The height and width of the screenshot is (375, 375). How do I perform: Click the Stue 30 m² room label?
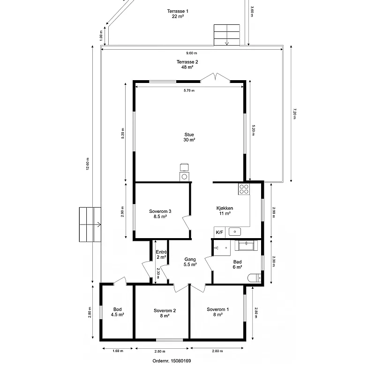point(189,137)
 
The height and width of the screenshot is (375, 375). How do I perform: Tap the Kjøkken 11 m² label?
point(225,211)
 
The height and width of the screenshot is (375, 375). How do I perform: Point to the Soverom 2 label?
point(165,313)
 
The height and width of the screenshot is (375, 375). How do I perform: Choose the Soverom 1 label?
point(218,312)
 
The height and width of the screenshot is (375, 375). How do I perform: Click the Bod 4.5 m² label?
point(117,312)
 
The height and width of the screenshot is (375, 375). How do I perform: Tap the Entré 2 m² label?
point(161,255)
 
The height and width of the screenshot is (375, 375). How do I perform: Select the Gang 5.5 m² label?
point(190,262)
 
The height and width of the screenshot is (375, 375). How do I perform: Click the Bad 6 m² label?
point(237,264)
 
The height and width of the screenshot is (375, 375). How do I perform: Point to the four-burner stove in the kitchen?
point(244,189)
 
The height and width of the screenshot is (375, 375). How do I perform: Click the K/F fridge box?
point(219,232)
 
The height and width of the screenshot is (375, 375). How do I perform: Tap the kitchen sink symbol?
point(234,232)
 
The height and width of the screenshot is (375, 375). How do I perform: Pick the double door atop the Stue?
point(215,78)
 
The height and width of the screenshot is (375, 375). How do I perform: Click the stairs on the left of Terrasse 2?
point(90,225)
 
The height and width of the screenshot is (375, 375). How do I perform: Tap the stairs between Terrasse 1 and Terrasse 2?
point(227,35)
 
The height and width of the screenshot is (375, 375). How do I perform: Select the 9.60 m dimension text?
point(192,53)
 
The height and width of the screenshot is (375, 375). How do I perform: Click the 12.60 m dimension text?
point(88,165)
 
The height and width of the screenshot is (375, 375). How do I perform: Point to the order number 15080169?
point(172,361)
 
